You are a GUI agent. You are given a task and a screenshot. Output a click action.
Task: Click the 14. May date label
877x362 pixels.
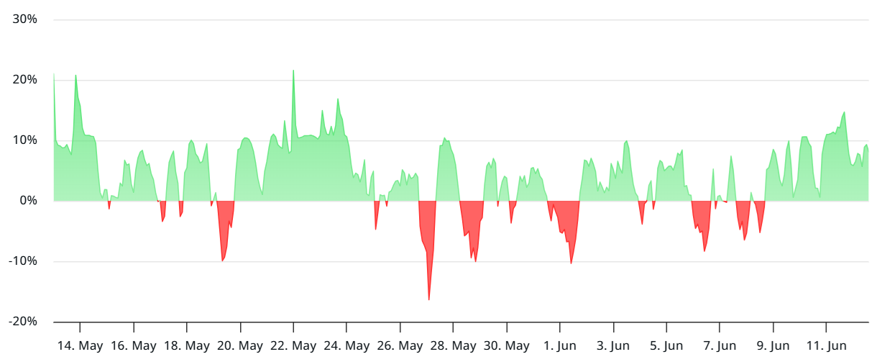pos(80,346)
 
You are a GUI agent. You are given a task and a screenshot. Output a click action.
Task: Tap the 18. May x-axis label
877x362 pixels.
pos(187,346)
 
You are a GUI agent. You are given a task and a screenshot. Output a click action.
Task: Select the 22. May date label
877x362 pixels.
pos(293,346)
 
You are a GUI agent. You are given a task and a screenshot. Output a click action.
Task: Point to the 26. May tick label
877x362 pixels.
pos(400,346)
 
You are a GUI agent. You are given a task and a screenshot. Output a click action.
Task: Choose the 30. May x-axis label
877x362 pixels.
pos(506,346)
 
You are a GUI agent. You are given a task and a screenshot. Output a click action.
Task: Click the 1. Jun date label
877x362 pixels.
pos(559,346)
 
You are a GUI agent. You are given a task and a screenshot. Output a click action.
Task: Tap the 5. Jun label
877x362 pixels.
pos(666,346)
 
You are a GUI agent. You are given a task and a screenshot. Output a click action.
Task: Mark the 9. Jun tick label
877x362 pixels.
pos(773,346)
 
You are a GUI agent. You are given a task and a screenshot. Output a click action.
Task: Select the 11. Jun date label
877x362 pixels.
pos(826,346)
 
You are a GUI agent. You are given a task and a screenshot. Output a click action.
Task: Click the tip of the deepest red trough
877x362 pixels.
pos(429,299)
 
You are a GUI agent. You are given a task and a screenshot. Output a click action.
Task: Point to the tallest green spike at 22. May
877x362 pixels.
pos(293,71)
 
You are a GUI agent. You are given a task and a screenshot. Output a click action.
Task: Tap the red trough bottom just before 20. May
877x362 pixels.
pos(223,261)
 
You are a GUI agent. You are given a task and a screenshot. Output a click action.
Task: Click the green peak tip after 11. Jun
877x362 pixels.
pos(845,112)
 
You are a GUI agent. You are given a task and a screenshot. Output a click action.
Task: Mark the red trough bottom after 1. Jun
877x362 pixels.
pos(571,263)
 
